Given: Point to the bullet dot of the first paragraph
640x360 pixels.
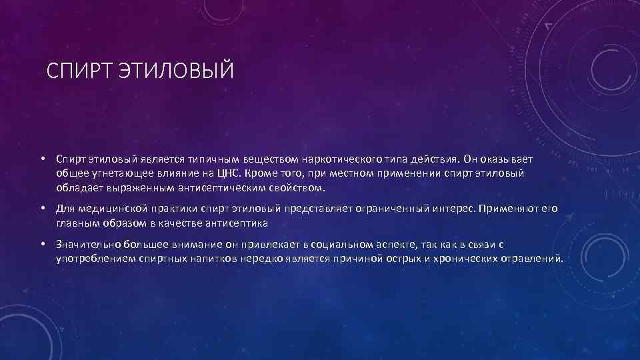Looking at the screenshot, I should pyautogui.click(x=41, y=160).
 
